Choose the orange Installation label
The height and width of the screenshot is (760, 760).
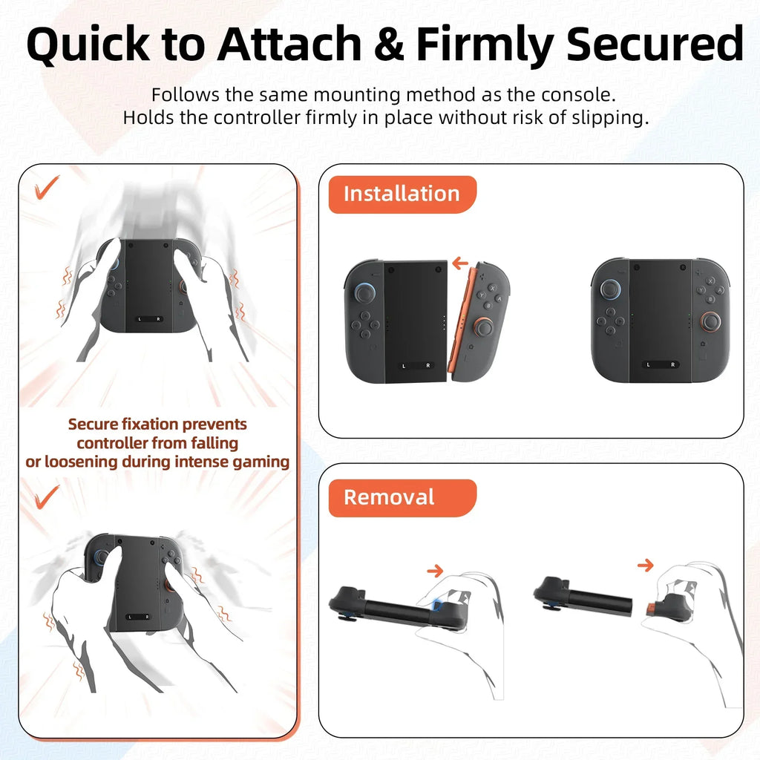tap(402, 194)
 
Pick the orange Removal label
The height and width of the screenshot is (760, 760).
tap(389, 497)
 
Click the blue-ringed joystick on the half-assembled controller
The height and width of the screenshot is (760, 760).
tap(364, 293)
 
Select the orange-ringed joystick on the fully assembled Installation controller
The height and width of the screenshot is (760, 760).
tap(710, 320)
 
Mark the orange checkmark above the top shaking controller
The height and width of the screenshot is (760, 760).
tap(48, 189)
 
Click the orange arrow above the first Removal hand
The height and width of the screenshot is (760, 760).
tap(435, 571)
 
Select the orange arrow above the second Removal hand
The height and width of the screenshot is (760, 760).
tap(645, 566)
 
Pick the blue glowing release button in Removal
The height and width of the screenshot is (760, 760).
tap(437, 606)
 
